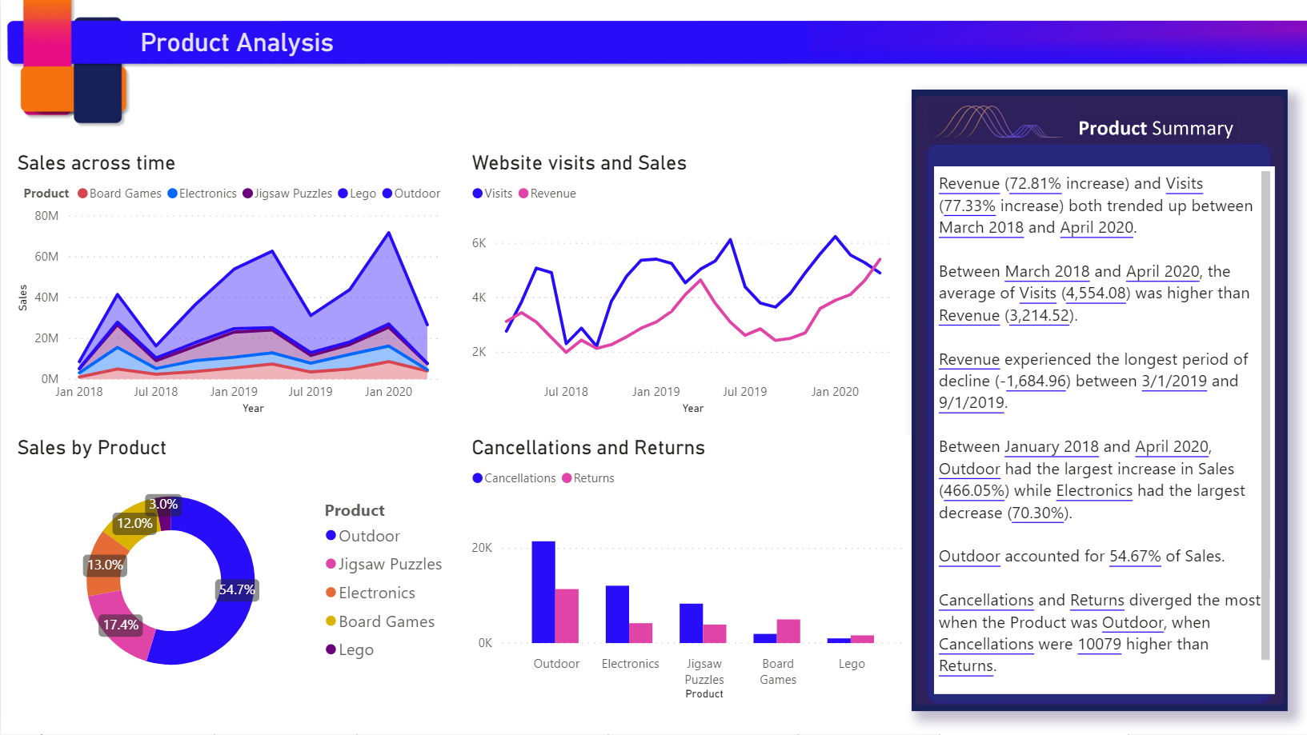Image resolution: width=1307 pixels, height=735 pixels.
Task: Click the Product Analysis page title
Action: [237, 42]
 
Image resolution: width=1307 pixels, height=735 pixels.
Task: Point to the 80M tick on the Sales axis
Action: [46, 216]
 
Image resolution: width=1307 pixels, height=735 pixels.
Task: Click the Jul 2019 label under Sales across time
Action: [311, 392]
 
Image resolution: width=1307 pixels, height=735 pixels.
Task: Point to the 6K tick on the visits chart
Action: [479, 243]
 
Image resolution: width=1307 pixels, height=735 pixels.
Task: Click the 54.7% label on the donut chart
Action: [237, 590]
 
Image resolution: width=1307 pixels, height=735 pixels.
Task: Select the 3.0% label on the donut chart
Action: [163, 505]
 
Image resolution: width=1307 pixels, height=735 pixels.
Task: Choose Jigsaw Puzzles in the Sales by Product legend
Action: [389, 565]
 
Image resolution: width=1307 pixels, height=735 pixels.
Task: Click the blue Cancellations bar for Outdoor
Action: [543, 592]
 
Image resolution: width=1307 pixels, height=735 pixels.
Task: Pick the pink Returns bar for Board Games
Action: [788, 631]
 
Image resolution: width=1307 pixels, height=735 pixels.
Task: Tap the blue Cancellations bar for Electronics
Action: [617, 614]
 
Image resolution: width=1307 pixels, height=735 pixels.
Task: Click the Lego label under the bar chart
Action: [852, 664]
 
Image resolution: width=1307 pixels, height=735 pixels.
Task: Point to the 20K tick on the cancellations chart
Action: [482, 548]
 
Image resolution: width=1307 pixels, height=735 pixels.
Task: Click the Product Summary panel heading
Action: [1155, 129]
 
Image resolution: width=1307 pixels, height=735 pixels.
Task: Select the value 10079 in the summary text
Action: [1099, 645]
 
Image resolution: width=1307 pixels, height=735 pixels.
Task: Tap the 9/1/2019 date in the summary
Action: [971, 403]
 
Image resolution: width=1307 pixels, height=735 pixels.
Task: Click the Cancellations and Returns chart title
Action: [588, 448]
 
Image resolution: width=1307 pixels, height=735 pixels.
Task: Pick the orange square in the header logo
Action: [46, 90]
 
